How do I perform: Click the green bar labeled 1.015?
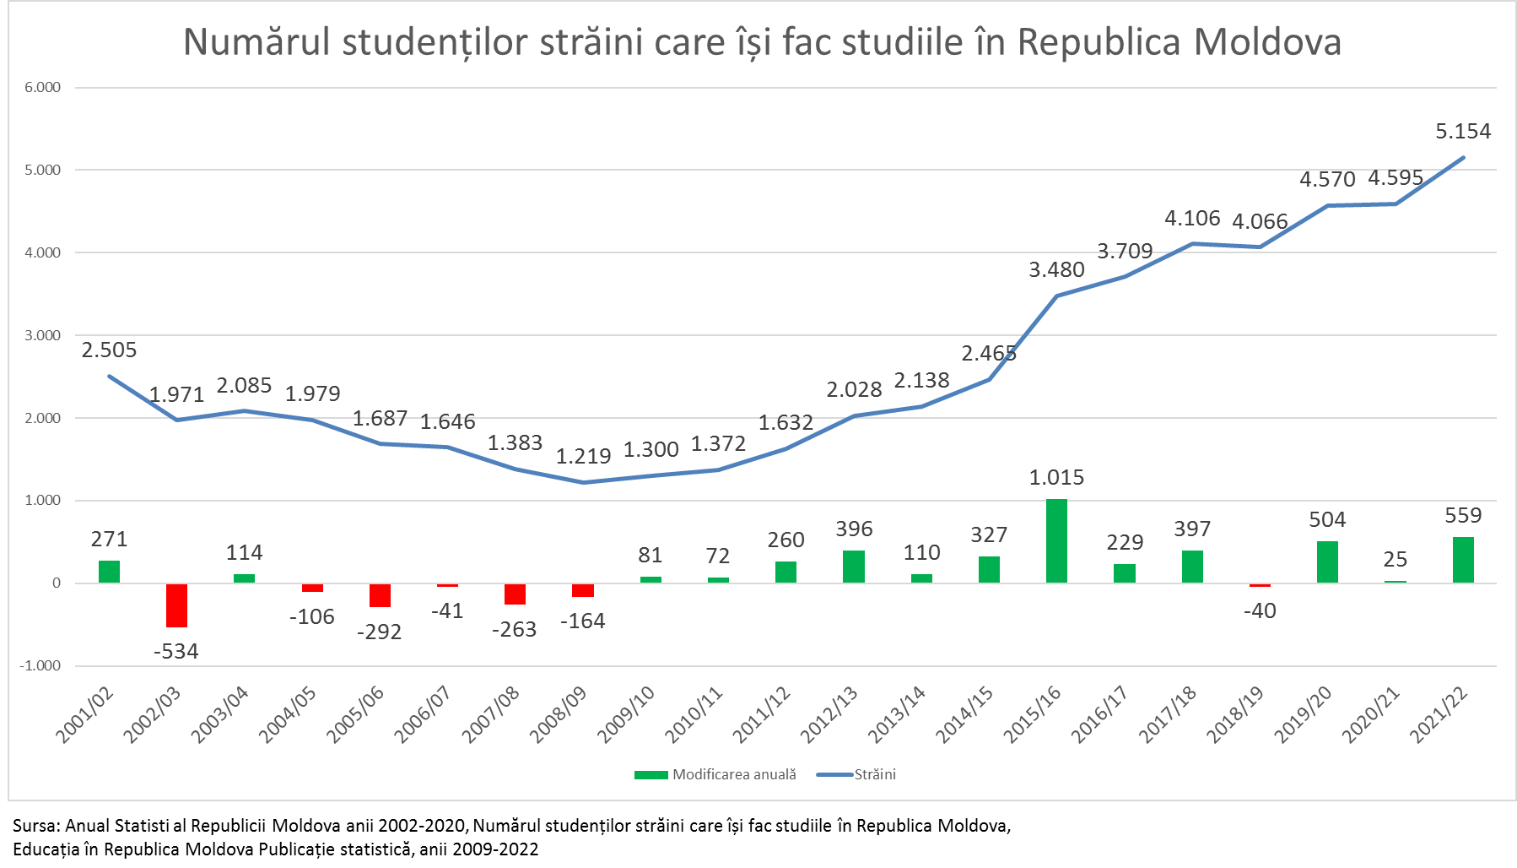point(1056,540)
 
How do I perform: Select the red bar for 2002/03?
point(176,605)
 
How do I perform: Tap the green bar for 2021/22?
point(1463,560)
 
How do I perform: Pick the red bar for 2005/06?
point(380,595)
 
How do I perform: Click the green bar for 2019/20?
point(1327,561)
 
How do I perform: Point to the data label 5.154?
point(1463,132)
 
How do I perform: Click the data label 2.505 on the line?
point(109,350)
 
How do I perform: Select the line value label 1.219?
point(583,457)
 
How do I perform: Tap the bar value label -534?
point(176,651)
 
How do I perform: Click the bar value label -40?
point(1260,610)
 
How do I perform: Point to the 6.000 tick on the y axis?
point(42,88)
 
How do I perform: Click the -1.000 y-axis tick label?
point(40,665)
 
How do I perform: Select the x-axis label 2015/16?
point(1032,715)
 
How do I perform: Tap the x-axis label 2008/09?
point(558,715)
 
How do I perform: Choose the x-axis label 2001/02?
point(84,715)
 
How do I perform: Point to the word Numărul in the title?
point(256,43)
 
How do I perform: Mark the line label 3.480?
point(1056,270)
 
